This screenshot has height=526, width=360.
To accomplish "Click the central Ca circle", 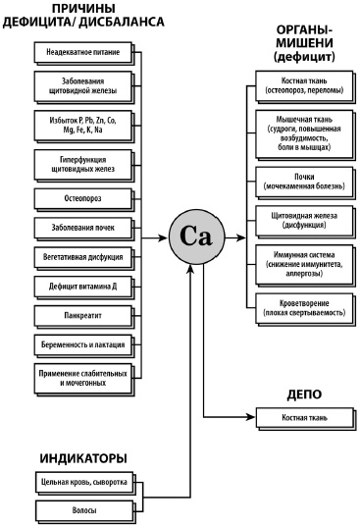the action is [197, 237].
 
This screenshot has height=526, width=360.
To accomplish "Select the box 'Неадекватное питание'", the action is [83, 52].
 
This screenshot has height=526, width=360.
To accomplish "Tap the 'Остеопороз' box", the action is [83, 198].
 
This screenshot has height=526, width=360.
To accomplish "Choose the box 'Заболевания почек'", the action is [83, 228].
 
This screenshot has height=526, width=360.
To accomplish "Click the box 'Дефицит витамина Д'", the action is [83, 287].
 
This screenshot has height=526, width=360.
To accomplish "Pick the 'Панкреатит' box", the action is [83, 316].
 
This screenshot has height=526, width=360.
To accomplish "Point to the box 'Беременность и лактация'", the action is [83, 344].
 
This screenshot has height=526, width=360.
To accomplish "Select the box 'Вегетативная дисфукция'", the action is [83, 257].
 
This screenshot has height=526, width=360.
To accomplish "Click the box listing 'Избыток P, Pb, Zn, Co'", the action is [83, 126].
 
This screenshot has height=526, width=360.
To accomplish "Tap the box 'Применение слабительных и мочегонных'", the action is [83, 379].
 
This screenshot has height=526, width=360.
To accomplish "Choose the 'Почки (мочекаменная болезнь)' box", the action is [304, 182].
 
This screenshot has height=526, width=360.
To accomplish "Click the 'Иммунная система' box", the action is [304, 264].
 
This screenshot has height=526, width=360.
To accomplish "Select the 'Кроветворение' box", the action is [304, 308].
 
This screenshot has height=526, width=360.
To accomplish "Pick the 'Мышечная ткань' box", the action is [304, 133].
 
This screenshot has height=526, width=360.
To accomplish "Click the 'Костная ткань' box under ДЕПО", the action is [305, 418].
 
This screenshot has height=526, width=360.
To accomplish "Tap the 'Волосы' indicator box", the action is [84, 510].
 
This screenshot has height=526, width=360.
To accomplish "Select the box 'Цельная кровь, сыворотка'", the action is [84, 483].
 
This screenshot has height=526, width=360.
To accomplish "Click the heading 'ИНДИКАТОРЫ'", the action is [83, 458].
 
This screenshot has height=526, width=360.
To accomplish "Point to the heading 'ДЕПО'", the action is [304, 394].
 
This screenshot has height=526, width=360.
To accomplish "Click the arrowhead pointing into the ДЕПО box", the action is [250, 417].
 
